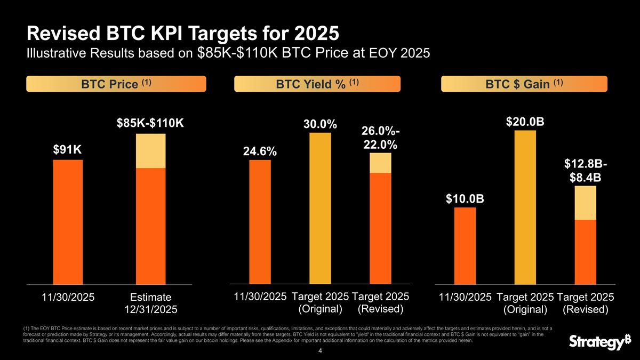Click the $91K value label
tap(68, 150)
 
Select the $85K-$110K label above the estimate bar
tap(150, 123)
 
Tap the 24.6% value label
tap(260, 151)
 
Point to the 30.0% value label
tap(320, 124)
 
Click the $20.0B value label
tap(525, 122)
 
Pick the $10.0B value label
tap(465, 199)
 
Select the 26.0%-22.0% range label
tap(380, 138)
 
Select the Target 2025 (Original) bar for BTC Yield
tap(320, 208)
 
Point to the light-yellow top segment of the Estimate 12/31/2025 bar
tap(150, 151)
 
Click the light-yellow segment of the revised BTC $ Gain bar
tap(585, 203)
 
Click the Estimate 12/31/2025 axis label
tap(150, 302)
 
